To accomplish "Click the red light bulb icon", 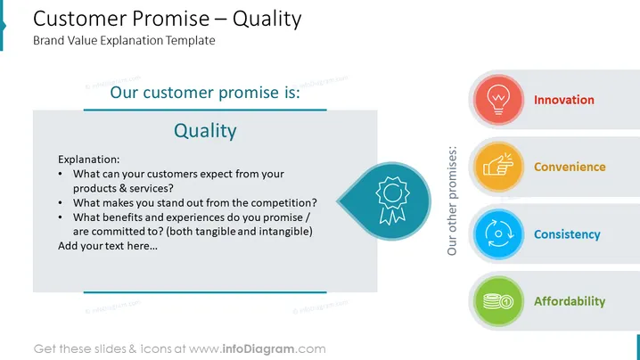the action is click(x=498, y=100).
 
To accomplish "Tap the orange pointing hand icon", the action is click(x=498, y=166).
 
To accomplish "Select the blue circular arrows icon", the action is click(x=498, y=233).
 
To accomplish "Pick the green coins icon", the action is click(x=498, y=301).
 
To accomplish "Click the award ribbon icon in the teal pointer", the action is click(x=392, y=200).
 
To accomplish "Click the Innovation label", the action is click(x=564, y=100).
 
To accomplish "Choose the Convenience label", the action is click(x=570, y=167).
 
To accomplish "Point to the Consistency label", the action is click(x=567, y=234).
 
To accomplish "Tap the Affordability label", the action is click(x=570, y=301).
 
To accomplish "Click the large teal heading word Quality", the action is click(x=205, y=131).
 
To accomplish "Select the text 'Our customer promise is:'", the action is click(x=205, y=93).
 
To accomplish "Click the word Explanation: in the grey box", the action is click(x=89, y=160).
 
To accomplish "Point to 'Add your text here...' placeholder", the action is click(x=108, y=246).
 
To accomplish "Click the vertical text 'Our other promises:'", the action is click(x=452, y=200).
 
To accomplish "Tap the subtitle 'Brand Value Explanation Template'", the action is click(x=124, y=40).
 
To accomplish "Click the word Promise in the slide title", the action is click(x=170, y=19).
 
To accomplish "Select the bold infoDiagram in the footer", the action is click(x=258, y=349).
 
